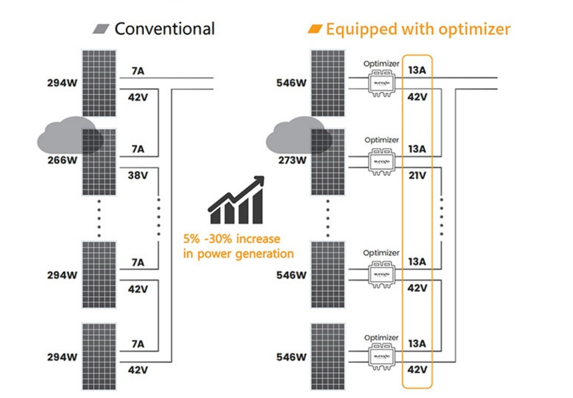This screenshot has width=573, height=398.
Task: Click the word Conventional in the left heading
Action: pos(164,28)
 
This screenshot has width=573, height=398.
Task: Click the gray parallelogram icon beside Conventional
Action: pos(102,28)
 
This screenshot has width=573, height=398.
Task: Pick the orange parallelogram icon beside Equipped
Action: pos(315,28)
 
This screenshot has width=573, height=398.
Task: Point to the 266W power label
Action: pos(62,160)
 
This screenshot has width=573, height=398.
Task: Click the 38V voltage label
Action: pos(137,175)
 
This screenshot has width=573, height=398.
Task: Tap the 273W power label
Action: pos(292,160)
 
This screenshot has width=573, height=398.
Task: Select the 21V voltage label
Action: pos(417,175)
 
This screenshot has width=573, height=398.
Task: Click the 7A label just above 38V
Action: pos(137,149)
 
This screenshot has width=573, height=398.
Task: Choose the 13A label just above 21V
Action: pos(417,149)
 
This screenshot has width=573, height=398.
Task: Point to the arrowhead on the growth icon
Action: pos(258,181)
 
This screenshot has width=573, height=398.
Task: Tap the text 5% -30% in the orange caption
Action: pos(207,240)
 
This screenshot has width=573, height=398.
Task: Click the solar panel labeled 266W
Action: pos(99,162)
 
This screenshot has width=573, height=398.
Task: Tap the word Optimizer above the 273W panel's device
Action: pos(381,140)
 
